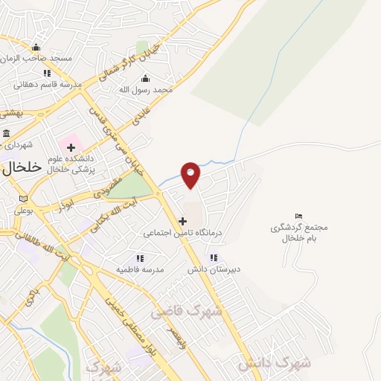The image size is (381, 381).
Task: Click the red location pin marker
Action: pyautogui.click(x=191, y=174)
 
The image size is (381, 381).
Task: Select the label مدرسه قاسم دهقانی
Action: pyautogui.click(x=47, y=85)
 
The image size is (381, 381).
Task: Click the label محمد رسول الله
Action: pyautogui.click(x=146, y=89)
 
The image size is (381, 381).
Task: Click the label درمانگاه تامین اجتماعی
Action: pyautogui.click(x=179, y=232)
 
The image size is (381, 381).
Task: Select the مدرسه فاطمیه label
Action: pyautogui.click(x=140, y=269)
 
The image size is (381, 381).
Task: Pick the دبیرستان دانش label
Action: pyautogui.click(x=214, y=269)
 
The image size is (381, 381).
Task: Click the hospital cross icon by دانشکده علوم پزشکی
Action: pyautogui.click(x=71, y=147)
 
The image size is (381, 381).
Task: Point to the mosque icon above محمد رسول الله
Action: pyautogui.click(x=145, y=78)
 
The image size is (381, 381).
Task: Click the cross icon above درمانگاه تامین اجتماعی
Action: pyautogui.click(x=182, y=221)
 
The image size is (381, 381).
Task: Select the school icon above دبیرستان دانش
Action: pyautogui.click(x=214, y=258)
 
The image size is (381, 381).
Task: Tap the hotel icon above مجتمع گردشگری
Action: pyautogui.click(x=299, y=217)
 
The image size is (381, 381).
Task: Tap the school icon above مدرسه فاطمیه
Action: pyautogui.click(x=140, y=257)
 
